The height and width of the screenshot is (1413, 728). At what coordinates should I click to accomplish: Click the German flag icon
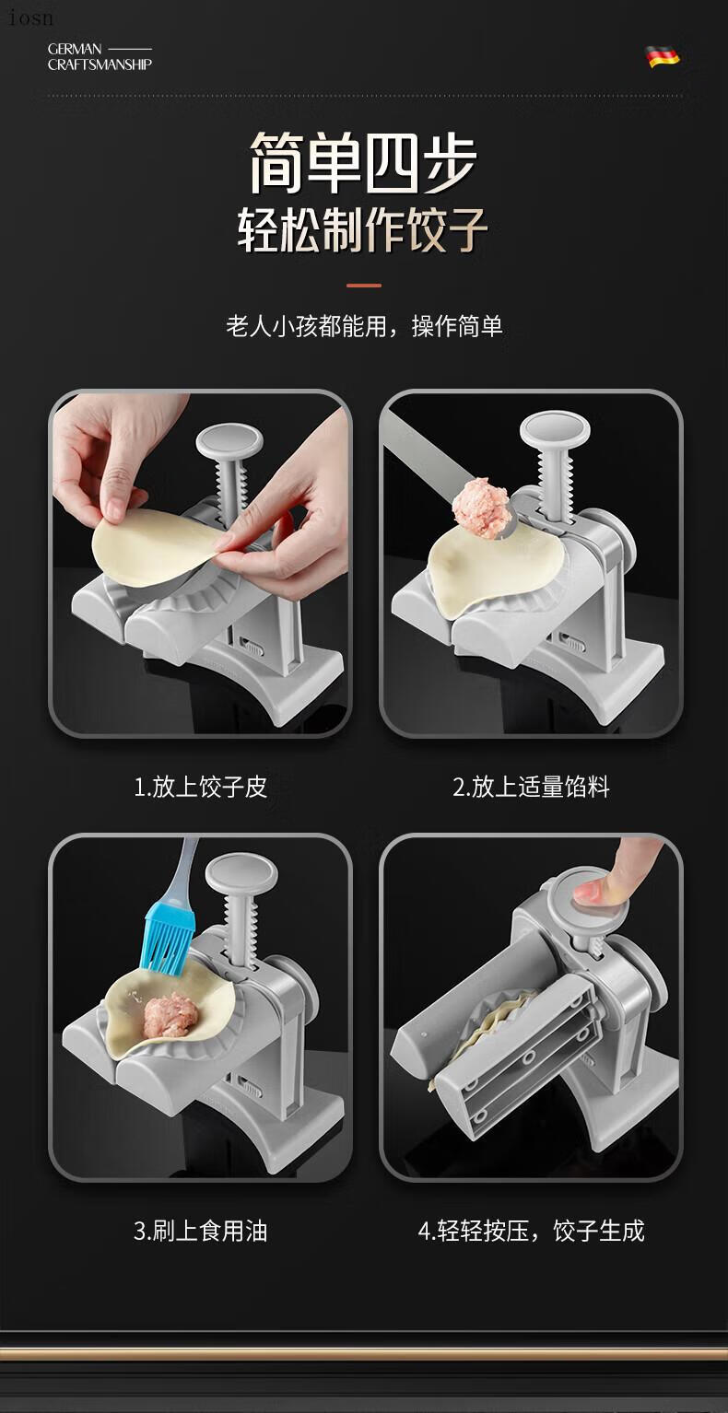663,57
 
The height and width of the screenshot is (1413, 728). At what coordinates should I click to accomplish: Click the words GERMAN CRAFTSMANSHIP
100,57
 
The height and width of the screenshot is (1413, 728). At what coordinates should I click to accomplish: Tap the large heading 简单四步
363,163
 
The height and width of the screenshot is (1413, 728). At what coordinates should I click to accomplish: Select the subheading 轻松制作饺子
363,230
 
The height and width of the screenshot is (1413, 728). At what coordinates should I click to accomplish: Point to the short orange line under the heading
364,286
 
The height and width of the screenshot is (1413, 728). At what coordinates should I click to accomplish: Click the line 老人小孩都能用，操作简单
364,327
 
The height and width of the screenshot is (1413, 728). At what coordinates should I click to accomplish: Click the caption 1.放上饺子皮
201,787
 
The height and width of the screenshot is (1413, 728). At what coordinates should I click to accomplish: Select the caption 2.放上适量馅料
531,787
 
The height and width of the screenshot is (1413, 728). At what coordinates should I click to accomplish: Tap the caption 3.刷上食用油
201,1231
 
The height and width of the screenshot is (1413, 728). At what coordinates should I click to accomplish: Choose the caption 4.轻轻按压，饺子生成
531,1231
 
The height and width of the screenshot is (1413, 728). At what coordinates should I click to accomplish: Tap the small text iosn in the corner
30,18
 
